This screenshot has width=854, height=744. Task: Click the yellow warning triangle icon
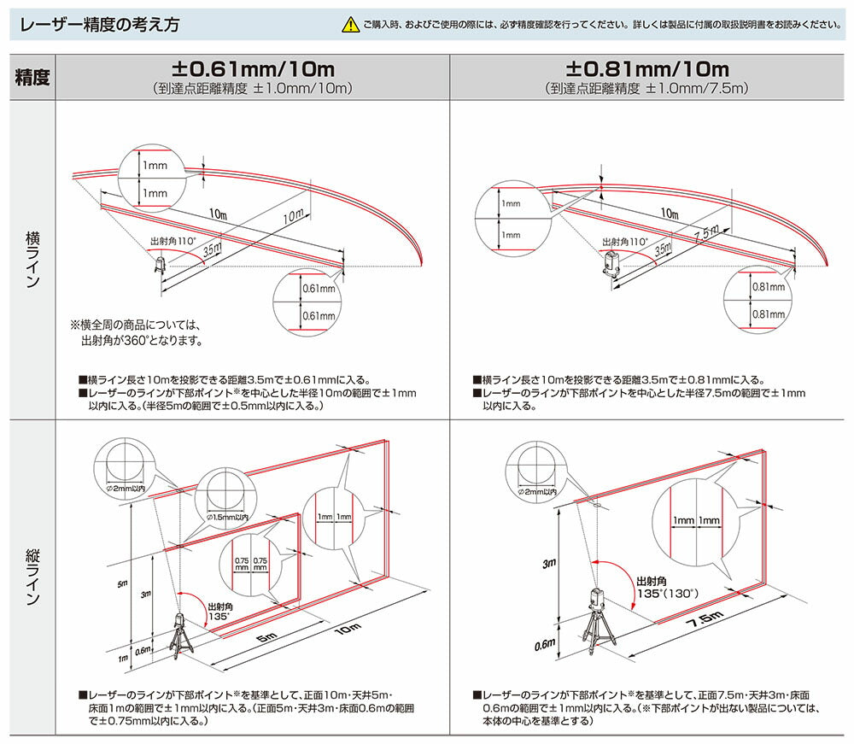click(x=350, y=26)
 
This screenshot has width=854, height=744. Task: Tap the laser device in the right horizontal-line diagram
click(x=611, y=266)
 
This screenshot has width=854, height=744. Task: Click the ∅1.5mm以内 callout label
click(x=226, y=517)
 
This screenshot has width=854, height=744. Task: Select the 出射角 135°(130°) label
click(x=666, y=586)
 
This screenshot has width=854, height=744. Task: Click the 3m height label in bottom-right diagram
click(x=547, y=563)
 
